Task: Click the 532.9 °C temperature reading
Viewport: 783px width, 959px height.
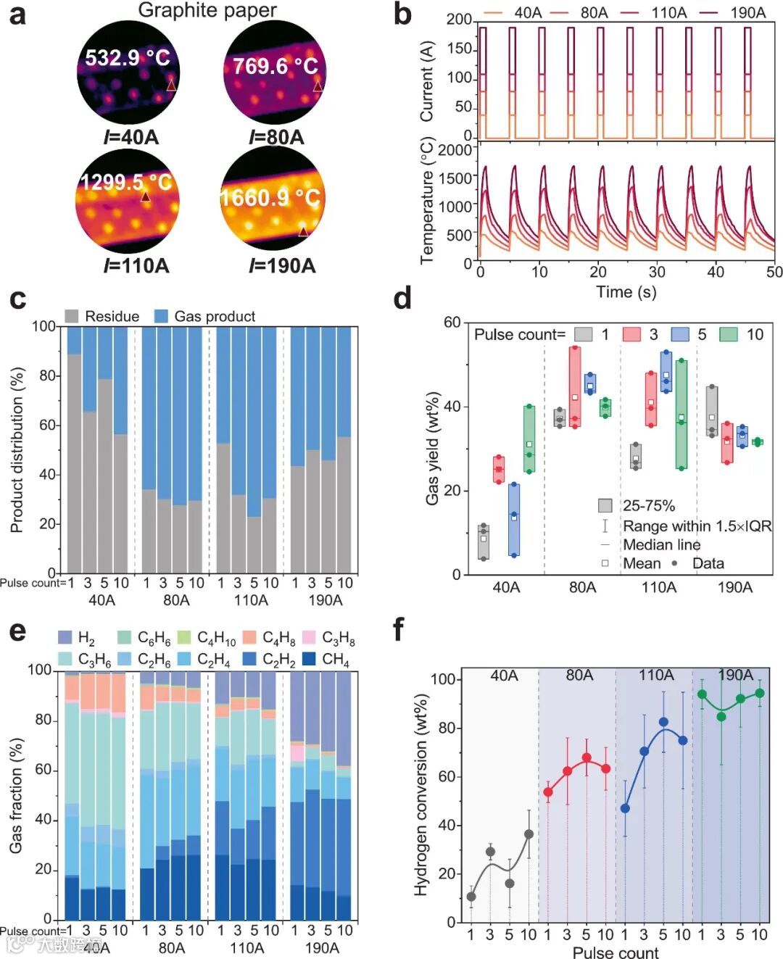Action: [x=128, y=57]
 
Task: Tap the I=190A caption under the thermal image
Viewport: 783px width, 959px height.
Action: [x=282, y=266]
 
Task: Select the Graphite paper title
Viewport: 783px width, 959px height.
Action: [x=207, y=10]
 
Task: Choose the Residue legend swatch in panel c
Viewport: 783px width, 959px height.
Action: [x=72, y=316]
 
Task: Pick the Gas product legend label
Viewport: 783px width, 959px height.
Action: [x=215, y=316]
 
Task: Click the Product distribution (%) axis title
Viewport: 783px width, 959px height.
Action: [x=17, y=449]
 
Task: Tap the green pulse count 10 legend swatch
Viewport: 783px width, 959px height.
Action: [x=729, y=334]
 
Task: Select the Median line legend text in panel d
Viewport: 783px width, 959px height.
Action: [x=661, y=544]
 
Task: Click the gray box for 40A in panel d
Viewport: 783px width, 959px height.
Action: [x=484, y=542]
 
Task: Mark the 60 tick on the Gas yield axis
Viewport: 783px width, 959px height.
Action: [x=452, y=322]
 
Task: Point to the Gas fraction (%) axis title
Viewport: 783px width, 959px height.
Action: [x=16, y=795]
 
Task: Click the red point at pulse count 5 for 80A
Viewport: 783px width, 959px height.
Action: [x=587, y=757]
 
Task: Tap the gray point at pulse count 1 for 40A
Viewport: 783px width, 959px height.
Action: [x=471, y=897]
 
